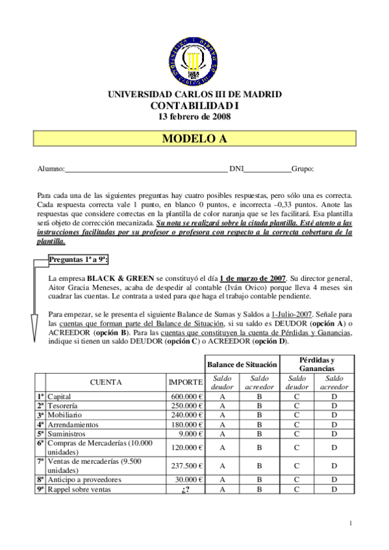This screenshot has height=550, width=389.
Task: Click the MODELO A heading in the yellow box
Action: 194,139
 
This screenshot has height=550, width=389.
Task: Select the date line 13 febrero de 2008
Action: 194,117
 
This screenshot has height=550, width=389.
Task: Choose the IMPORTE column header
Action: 186,382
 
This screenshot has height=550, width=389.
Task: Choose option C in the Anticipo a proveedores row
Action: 297,480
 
